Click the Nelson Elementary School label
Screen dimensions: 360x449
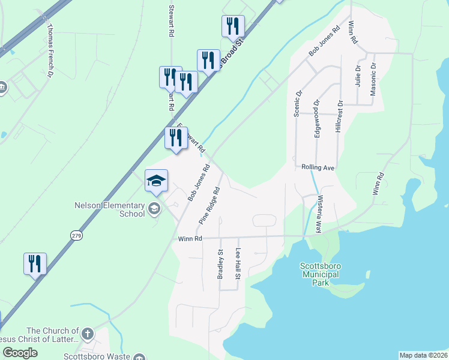(109, 209)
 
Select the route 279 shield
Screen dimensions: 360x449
(76, 235)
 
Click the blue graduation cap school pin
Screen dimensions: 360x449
(156, 181)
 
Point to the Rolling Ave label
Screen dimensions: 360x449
(318, 167)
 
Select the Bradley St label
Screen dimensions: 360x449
(220, 264)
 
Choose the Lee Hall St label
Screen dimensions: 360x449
(238, 264)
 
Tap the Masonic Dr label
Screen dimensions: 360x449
(373, 79)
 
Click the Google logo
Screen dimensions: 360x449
(20, 353)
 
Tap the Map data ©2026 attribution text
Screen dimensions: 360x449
(423, 355)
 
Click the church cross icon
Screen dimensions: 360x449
(88, 333)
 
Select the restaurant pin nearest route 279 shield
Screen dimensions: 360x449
(35, 263)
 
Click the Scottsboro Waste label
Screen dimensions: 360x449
(104, 356)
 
